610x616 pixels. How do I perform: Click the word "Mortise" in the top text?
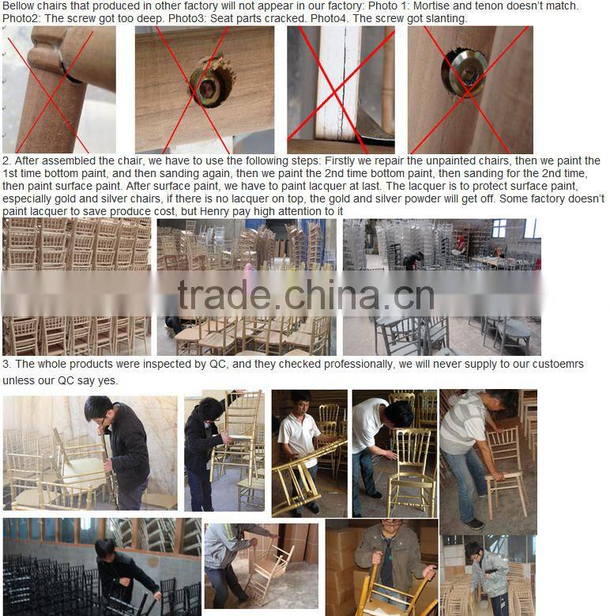[434, 6]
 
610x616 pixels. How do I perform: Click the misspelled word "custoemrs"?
[558, 365]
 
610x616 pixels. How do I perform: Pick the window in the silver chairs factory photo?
[499, 229]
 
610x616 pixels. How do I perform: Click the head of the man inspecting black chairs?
[106, 547]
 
